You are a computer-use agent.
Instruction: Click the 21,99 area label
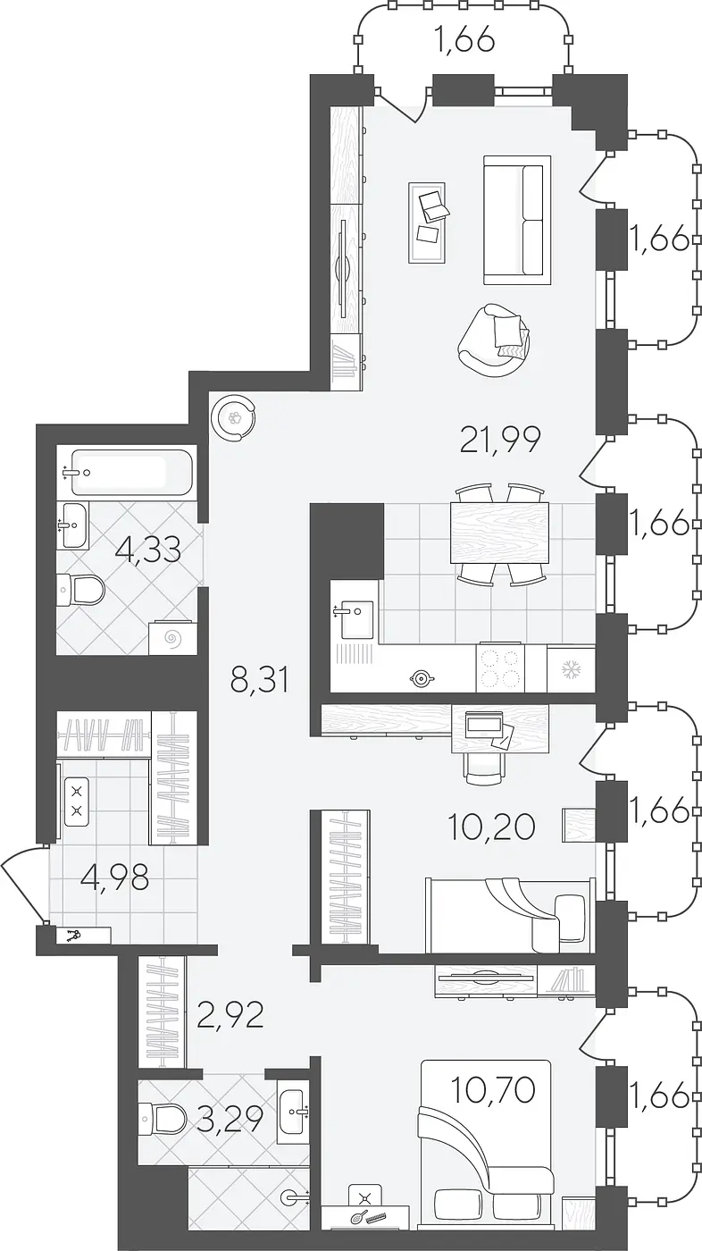(x=500, y=439)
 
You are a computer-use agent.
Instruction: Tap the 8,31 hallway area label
(x=261, y=681)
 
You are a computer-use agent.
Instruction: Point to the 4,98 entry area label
(x=115, y=877)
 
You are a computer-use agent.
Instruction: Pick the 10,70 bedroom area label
(x=493, y=1089)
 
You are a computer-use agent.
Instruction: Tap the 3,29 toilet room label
(x=230, y=1119)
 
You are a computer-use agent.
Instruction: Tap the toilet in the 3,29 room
(x=168, y=1115)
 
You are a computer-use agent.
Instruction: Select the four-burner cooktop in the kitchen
(x=500, y=668)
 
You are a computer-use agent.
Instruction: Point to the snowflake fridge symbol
(x=571, y=668)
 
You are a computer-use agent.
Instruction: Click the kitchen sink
(x=357, y=618)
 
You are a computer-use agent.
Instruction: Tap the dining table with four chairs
(x=499, y=533)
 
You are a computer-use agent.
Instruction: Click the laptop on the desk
(x=484, y=725)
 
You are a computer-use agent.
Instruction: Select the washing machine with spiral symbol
(x=173, y=636)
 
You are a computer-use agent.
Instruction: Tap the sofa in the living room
(x=517, y=220)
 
